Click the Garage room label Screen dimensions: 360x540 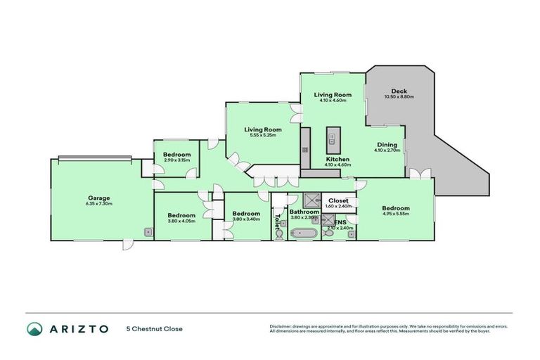pyautogui.click(x=99, y=198)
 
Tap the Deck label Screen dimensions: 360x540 pyautogui.click(x=399, y=91)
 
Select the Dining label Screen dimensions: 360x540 pyautogui.click(x=387, y=143)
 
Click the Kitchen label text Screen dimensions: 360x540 pyautogui.click(x=337, y=160)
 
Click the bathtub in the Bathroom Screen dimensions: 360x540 pyautogui.click(x=304, y=233)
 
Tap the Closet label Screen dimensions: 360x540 pyautogui.click(x=338, y=200)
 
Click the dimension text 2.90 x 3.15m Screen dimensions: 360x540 pyautogui.click(x=176, y=160)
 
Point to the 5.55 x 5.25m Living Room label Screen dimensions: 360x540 pyautogui.click(x=263, y=129)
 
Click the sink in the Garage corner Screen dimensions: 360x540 pyautogui.click(x=148, y=231)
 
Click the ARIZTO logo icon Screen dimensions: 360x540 pyautogui.click(x=35, y=328)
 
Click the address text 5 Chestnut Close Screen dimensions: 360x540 pyautogui.click(x=154, y=328)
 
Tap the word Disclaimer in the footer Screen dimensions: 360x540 pyautogui.click(x=281, y=326)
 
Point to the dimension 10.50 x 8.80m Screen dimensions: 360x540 pyautogui.click(x=399, y=97)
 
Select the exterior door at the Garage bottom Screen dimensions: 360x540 pyautogui.click(x=127, y=244)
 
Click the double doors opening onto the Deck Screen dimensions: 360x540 pyautogui.click(x=420, y=174)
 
